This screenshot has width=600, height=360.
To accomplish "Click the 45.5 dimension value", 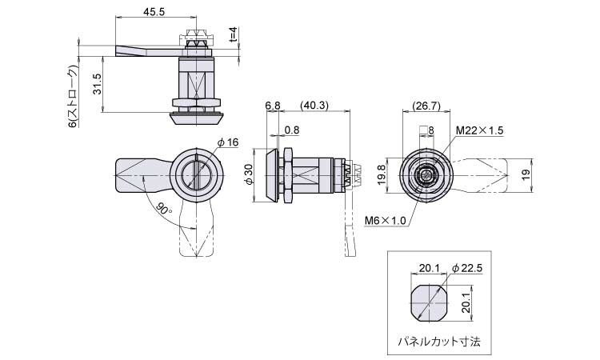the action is (x=154, y=11).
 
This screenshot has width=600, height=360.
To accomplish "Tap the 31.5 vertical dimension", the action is (x=97, y=84).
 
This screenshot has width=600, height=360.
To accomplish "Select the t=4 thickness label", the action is (x=234, y=34).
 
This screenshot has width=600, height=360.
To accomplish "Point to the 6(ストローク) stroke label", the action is (x=73, y=96).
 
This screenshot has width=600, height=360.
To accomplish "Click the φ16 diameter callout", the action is (x=228, y=142).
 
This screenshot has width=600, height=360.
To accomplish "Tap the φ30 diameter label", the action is (x=249, y=174).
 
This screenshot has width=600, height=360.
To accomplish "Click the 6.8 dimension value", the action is (x=273, y=106).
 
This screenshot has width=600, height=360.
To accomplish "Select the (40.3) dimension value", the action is (x=314, y=106).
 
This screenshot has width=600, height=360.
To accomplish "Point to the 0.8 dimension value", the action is (x=292, y=130).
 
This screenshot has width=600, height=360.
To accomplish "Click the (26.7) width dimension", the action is (x=426, y=106).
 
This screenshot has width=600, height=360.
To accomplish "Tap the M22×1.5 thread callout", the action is (x=479, y=130).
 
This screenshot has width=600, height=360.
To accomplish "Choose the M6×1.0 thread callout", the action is (x=386, y=221).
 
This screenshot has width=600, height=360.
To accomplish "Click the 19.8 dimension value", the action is (x=382, y=175).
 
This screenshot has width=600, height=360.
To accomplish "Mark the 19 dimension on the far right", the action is (x=526, y=174).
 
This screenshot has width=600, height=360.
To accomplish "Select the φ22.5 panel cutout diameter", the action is (x=467, y=269).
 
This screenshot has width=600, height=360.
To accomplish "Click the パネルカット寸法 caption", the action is (x=439, y=341).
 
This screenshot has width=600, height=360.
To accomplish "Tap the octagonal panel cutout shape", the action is (x=429, y=302).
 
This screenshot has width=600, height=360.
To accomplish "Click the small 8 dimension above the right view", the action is (x=432, y=130).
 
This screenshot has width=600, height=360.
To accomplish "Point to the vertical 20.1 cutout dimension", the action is (x=466, y=302).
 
